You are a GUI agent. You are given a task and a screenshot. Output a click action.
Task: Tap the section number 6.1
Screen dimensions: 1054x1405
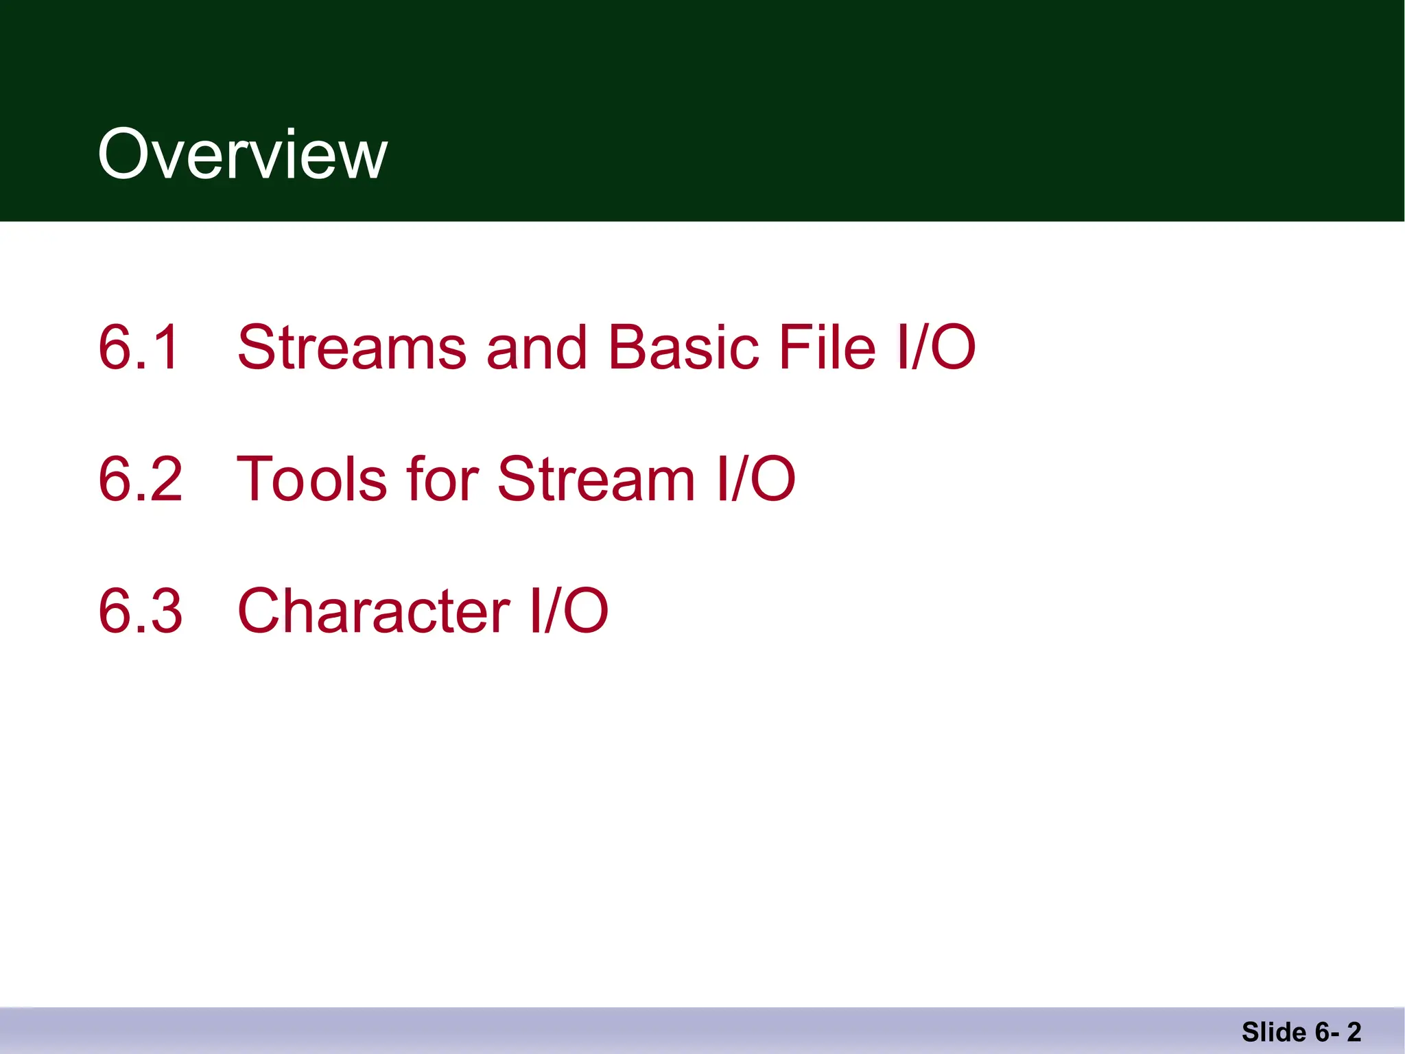pyautogui.click(x=140, y=347)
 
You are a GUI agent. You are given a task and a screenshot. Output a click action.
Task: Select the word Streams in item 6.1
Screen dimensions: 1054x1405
pyautogui.click(x=351, y=347)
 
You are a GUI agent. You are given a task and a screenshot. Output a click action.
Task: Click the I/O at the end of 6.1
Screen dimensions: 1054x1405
pyautogui.click(x=936, y=347)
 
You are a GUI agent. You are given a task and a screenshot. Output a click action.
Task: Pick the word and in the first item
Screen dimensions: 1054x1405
pyautogui.click(x=536, y=347)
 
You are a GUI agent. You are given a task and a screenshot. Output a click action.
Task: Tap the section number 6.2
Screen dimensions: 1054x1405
pyautogui.click(x=140, y=479)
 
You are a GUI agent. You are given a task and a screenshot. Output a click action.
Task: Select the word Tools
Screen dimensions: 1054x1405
pyautogui.click(x=312, y=479)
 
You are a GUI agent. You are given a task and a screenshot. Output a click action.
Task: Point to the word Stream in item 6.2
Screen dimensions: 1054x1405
pyautogui.click(x=595, y=479)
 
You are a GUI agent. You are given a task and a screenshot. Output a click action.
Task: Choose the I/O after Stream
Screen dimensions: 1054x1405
pyautogui.click(x=755, y=479)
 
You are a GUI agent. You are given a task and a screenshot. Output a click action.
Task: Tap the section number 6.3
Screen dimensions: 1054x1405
pyautogui.click(x=140, y=611)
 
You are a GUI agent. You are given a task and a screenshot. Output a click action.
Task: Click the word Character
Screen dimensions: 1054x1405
pyautogui.click(x=373, y=611)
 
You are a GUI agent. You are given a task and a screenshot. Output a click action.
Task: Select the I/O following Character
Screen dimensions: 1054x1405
pyautogui.click(x=569, y=611)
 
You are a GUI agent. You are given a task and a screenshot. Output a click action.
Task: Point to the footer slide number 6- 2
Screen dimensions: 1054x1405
pyautogui.click(x=1338, y=1032)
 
